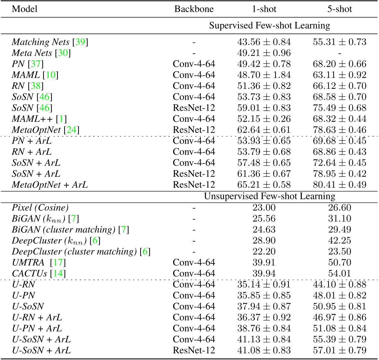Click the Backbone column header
coord(194,9)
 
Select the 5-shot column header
coord(340,9)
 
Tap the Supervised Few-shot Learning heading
coord(269,25)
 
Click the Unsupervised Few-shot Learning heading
coord(269,197)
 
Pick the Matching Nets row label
coord(41,42)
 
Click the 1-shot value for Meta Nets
coord(264,53)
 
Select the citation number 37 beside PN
coord(35,64)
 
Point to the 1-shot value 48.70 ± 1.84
coord(264,75)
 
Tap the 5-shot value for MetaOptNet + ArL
coord(340,185)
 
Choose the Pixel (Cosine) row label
coord(40,208)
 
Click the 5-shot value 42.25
coord(340,241)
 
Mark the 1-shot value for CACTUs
coord(264,273)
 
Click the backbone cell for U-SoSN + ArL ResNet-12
coord(194,350)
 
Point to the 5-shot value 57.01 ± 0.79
coord(340,350)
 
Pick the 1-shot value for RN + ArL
coord(264,152)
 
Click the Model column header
coord(24,9)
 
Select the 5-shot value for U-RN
coord(340,284)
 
